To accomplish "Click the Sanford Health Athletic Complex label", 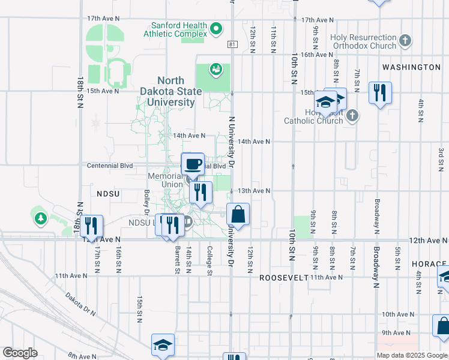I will (x=179, y=30).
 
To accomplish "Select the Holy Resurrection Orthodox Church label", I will (x=363, y=41).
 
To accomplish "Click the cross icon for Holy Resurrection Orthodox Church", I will (x=405, y=41).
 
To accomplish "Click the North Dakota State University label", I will (x=176, y=91).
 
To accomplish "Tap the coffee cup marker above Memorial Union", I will (x=193, y=163).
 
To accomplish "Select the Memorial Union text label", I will (x=165, y=180).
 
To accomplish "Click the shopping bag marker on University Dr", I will (x=238, y=214).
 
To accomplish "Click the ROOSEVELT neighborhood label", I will (x=283, y=278).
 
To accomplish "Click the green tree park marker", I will (x=41, y=218).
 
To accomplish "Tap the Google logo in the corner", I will (x=20, y=353).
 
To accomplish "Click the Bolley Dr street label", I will (x=146, y=202).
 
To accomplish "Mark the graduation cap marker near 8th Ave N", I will (x=163, y=345).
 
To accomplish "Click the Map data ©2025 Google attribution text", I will (x=412, y=355).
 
